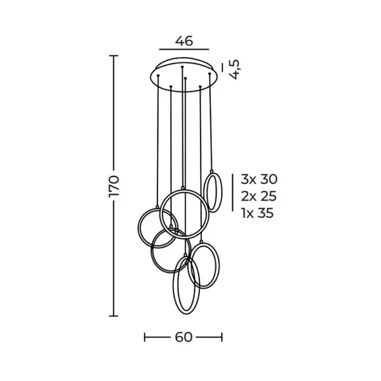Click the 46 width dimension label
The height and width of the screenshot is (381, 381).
[x=184, y=41]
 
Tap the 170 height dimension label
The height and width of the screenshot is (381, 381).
[x=114, y=186]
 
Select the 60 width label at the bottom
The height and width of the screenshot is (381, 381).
[x=184, y=337]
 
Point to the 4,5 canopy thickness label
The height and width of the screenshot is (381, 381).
[x=235, y=69]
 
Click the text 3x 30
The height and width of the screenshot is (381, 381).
[x=259, y=179]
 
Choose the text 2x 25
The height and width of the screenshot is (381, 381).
[x=259, y=196]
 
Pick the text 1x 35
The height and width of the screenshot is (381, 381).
[x=258, y=213]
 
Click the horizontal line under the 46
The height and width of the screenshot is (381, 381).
[x=184, y=50]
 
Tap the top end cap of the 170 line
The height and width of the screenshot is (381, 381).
[x=114, y=56]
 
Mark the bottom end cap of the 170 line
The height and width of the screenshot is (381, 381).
[x=114, y=316]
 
